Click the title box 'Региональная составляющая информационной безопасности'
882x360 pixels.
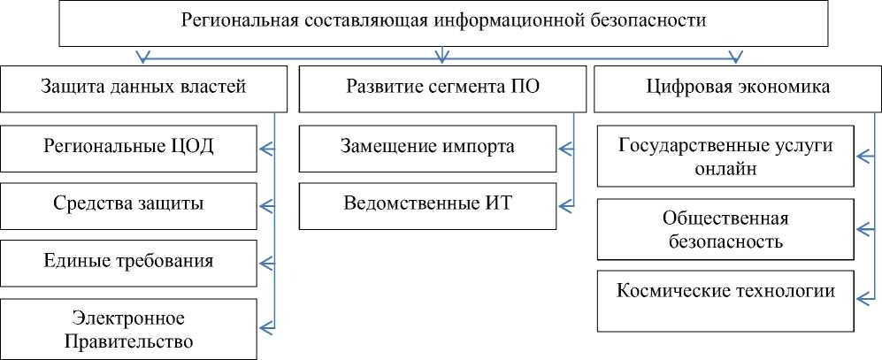click(x=442, y=23)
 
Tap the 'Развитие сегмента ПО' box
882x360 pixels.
click(x=442, y=88)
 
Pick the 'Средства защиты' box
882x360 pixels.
click(x=129, y=203)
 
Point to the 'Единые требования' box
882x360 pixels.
click(x=129, y=261)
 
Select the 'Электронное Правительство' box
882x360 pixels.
click(x=129, y=329)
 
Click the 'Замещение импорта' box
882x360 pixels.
click(x=428, y=146)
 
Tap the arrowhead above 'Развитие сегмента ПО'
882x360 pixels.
click(x=442, y=57)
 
